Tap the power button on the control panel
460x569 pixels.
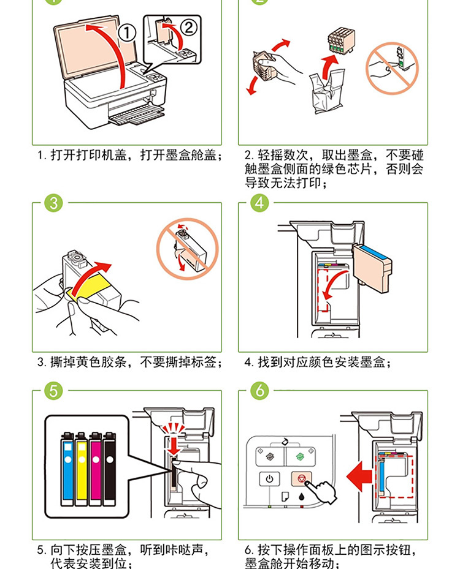click(270, 479)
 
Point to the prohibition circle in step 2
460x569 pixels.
click(392, 68)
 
